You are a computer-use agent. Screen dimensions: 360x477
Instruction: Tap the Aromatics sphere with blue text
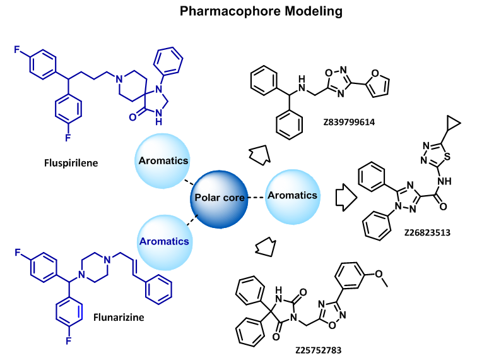(163, 241)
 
